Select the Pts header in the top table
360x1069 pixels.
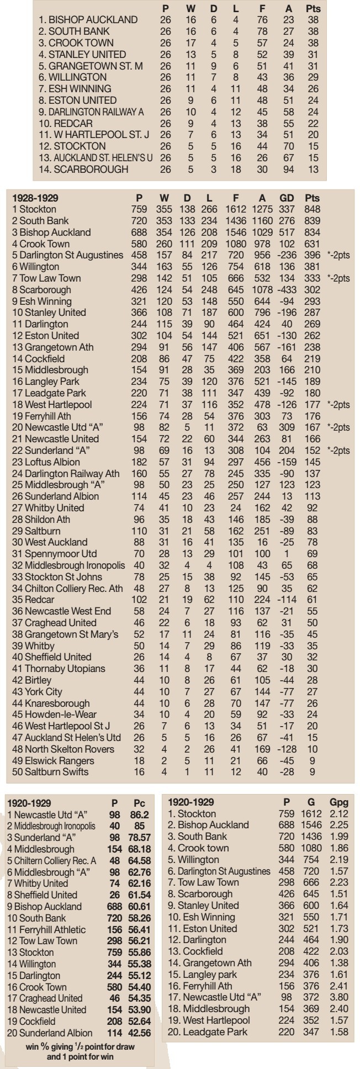tap(313, 8)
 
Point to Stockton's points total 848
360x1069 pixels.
tap(313, 209)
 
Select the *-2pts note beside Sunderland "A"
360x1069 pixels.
tap(337, 450)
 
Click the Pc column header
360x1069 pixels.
tap(139, 801)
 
